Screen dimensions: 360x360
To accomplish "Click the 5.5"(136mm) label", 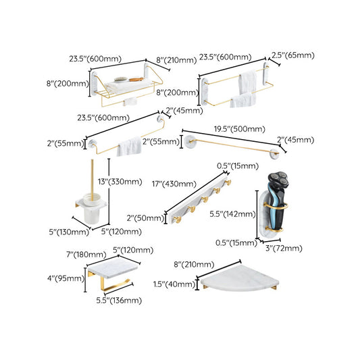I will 118,300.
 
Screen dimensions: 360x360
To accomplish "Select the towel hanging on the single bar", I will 128,147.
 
